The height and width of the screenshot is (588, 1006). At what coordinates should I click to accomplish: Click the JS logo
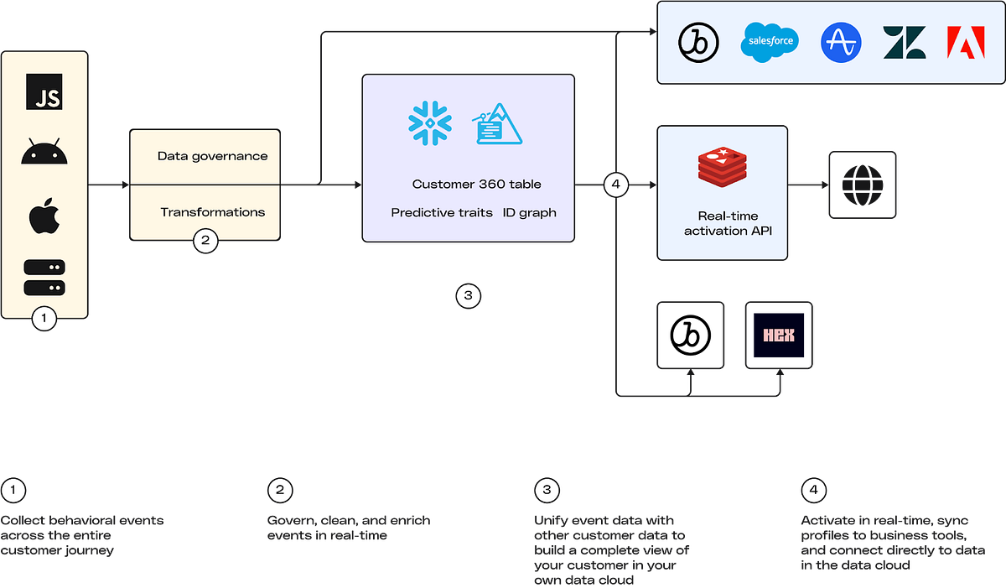44,91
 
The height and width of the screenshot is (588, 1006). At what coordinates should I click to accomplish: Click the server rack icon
44,278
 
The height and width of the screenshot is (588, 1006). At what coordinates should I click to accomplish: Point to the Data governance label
212,156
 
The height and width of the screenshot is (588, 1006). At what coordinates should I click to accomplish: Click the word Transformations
212,212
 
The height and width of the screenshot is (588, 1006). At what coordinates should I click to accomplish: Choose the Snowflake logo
429,122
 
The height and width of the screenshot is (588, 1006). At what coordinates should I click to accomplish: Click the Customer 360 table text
476,185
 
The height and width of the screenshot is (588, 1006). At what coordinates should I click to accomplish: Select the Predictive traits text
442,213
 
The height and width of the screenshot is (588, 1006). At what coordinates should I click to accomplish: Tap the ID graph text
529,213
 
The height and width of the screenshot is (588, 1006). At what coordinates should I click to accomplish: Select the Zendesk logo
904,42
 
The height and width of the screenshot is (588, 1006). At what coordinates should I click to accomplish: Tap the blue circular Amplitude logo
841,42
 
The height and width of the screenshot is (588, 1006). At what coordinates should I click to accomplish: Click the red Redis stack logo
722,168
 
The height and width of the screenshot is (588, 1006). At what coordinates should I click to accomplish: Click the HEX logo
779,336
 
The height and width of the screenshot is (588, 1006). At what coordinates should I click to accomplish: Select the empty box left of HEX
690,336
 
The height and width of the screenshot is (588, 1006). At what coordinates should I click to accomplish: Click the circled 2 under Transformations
205,242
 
